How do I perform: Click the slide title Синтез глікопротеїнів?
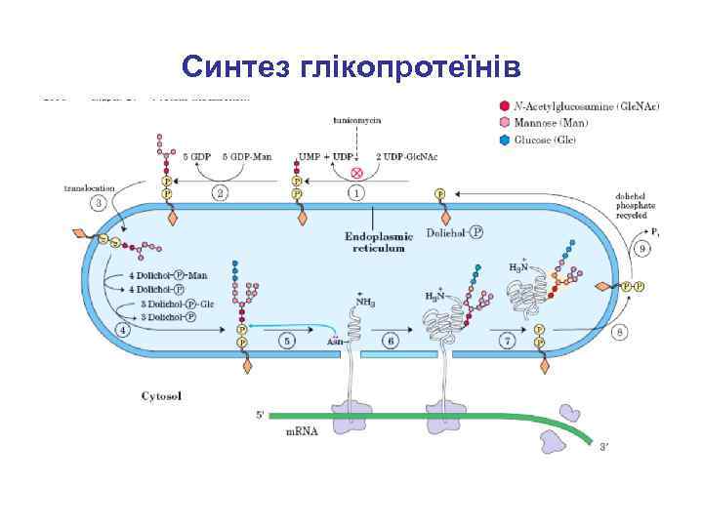click(351, 66)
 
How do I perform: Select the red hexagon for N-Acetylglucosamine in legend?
click(503, 105)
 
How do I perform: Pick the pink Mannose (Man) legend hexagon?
click(503, 123)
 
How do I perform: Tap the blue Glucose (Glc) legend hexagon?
click(503, 140)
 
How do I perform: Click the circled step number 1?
click(356, 193)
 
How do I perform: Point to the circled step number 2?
click(221, 193)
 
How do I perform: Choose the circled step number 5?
click(286, 341)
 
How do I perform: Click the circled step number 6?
click(390, 341)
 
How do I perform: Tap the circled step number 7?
click(508, 341)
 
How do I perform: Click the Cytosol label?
click(161, 396)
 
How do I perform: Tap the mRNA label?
click(302, 430)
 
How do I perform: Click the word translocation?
click(89, 186)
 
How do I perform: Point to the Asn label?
click(334, 342)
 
